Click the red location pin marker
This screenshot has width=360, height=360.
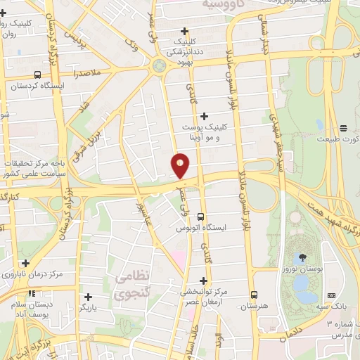click(x=181, y=165)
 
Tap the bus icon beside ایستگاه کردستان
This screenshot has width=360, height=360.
click(x=37, y=75)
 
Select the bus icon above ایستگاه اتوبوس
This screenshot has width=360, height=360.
click(x=201, y=217)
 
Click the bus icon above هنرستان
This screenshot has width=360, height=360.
click(x=255, y=295)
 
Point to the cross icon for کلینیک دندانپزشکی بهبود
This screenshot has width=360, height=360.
click(x=184, y=31)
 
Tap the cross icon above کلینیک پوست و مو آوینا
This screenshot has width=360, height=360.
click(x=204, y=116)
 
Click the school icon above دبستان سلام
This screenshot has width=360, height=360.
click(x=31, y=293)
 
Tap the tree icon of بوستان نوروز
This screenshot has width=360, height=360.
click(x=303, y=257)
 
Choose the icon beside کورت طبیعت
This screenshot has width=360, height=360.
click(x=343, y=128)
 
